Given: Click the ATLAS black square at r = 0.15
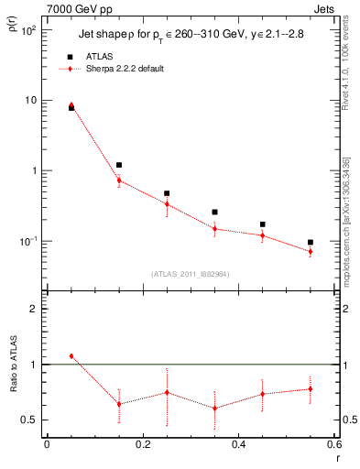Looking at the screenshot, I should [x=119, y=165].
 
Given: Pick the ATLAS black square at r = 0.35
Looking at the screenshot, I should [x=214, y=212].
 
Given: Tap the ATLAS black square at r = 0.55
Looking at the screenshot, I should [x=311, y=243].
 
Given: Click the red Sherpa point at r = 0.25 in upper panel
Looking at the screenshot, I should [x=167, y=203].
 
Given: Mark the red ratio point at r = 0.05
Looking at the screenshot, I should [x=71, y=355].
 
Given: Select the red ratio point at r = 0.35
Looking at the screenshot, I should [x=214, y=409].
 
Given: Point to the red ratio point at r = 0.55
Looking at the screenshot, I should [x=311, y=388].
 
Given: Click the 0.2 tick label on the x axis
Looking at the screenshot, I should [x=143, y=444].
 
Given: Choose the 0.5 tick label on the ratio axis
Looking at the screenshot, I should [x=28, y=420].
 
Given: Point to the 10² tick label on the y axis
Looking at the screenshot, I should [x=27, y=29].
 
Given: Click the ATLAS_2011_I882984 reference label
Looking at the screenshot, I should [x=191, y=274].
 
